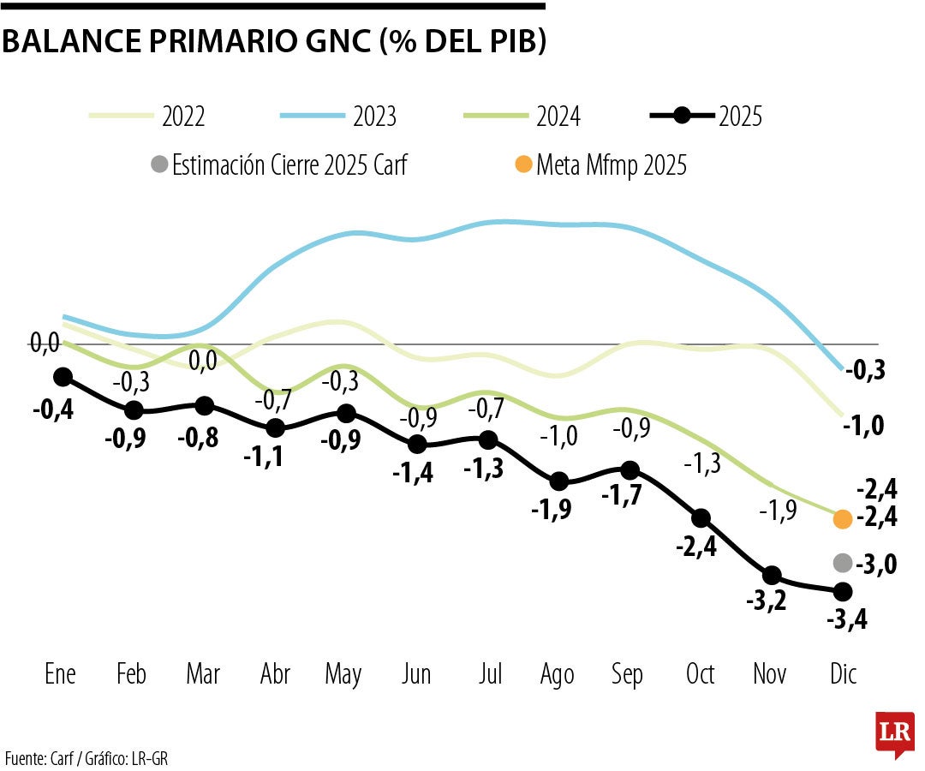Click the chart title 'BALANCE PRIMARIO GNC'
(x=274, y=41)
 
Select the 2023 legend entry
(x=374, y=117)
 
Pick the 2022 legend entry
(x=183, y=117)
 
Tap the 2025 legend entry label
(x=741, y=117)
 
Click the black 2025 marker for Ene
(x=63, y=377)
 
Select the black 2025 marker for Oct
(x=701, y=518)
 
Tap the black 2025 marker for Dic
(x=843, y=591)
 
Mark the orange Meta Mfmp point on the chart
(x=843, y=519)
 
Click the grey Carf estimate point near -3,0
(x=843, y=563)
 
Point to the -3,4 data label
(x=847, y=619)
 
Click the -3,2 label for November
(x=765, y=601)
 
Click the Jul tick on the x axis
(x=489, y=675)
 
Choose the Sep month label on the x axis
(x=627, y=675)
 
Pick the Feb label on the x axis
(x=131, y=675)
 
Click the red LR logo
(x=894, y=732)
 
